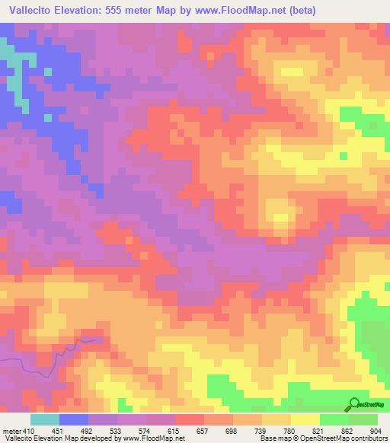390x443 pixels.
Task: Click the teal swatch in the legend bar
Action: [x=45, y=419]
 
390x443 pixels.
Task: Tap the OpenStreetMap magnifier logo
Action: [x=355, y=404]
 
